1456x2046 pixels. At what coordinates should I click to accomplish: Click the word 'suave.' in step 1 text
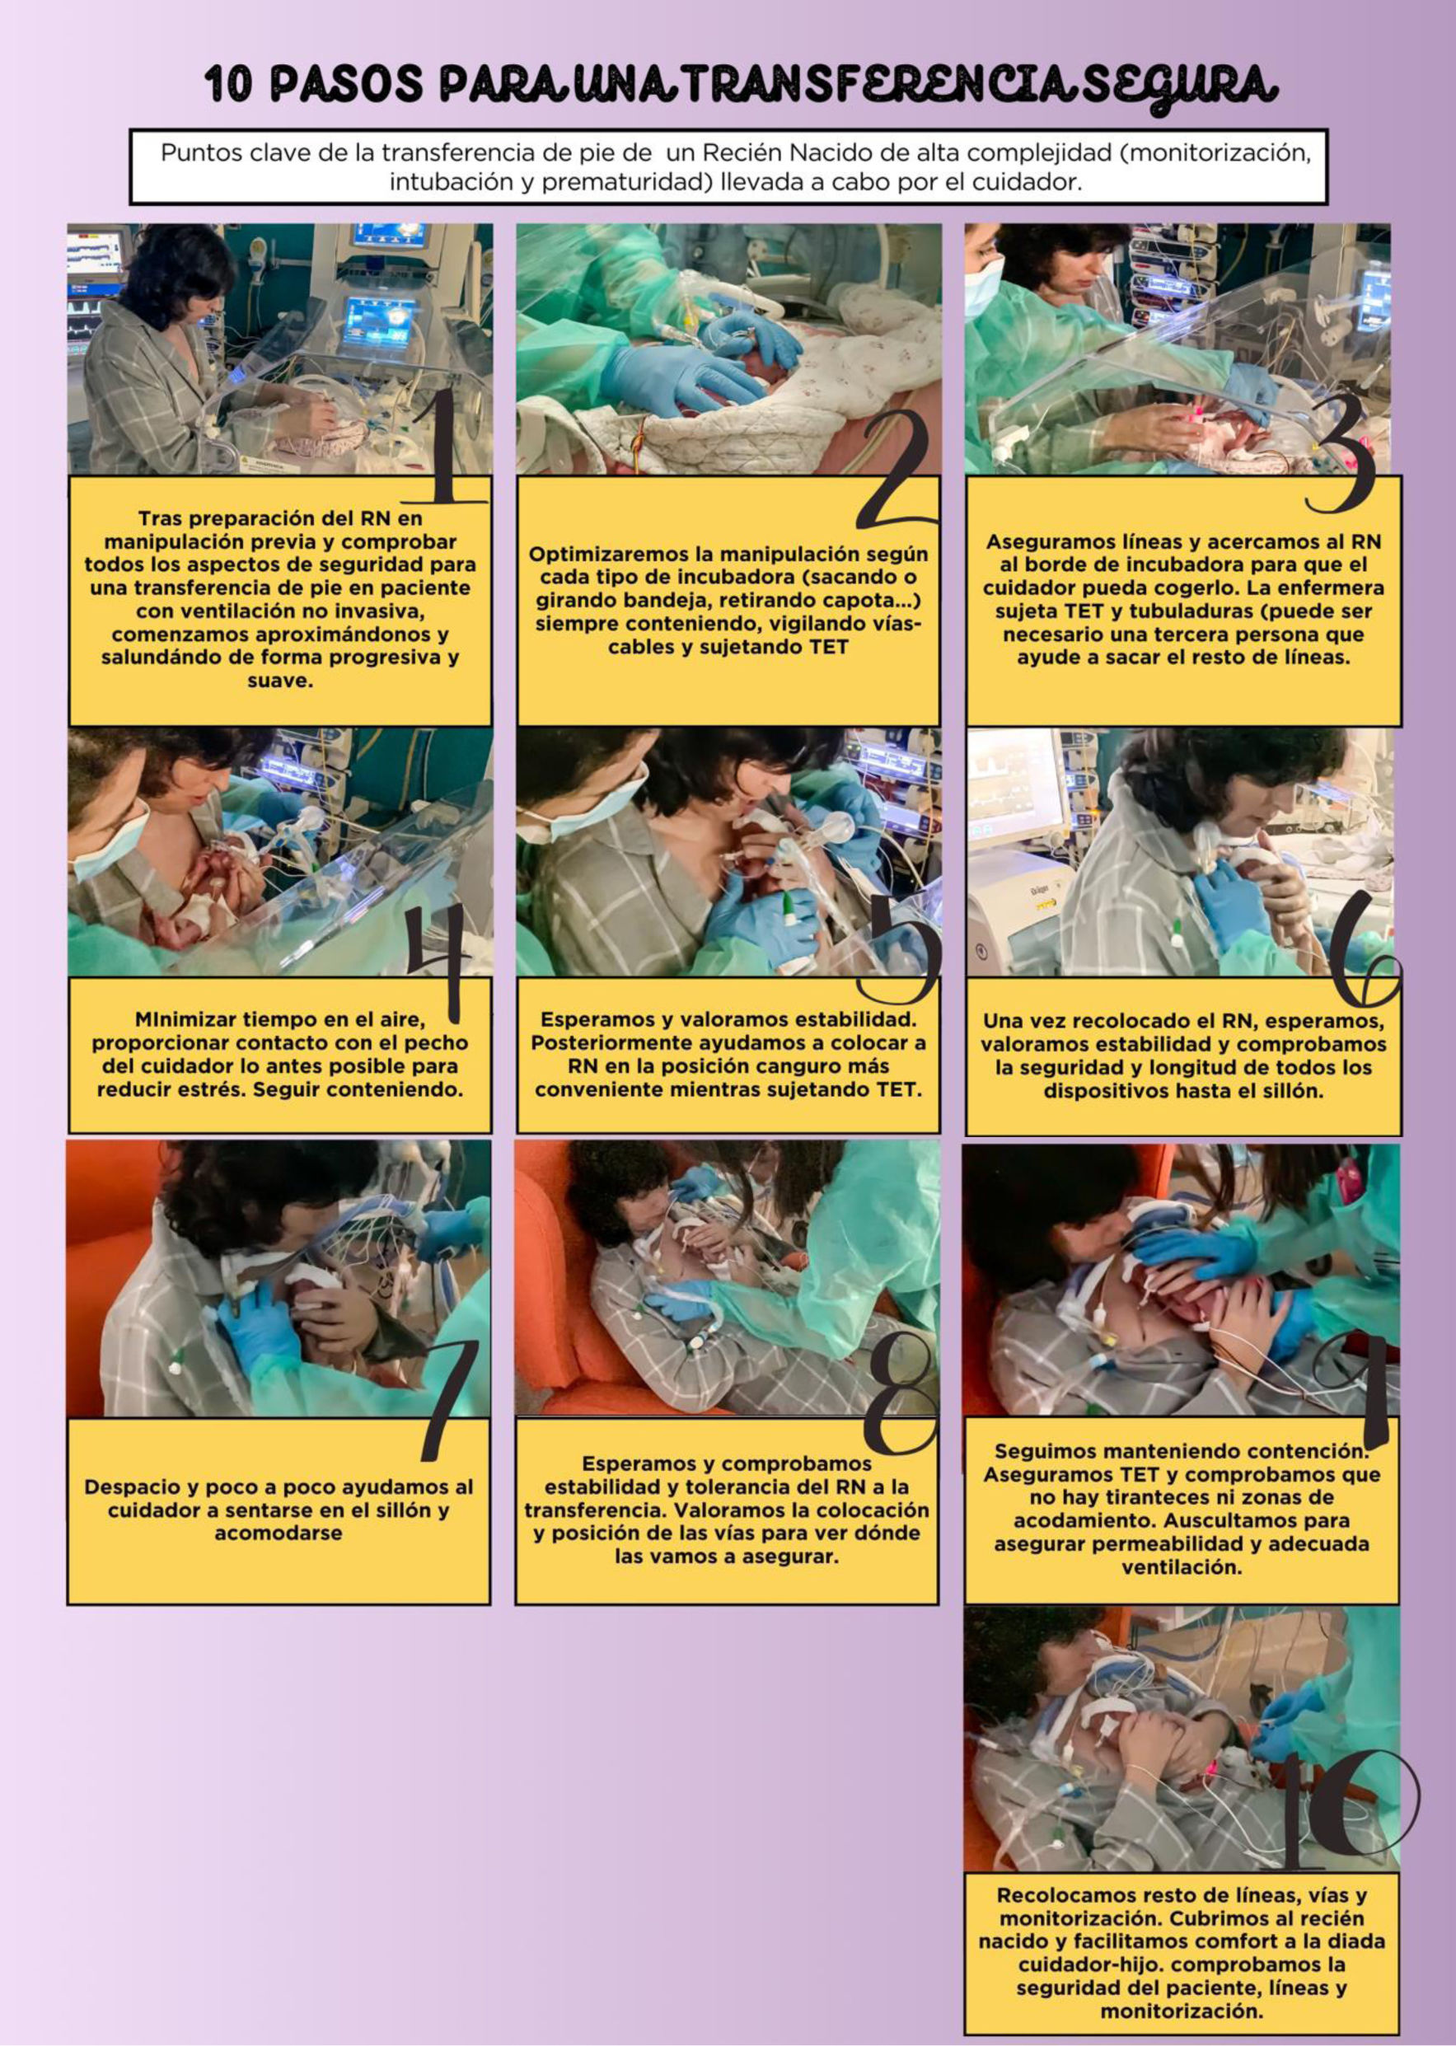279,681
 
